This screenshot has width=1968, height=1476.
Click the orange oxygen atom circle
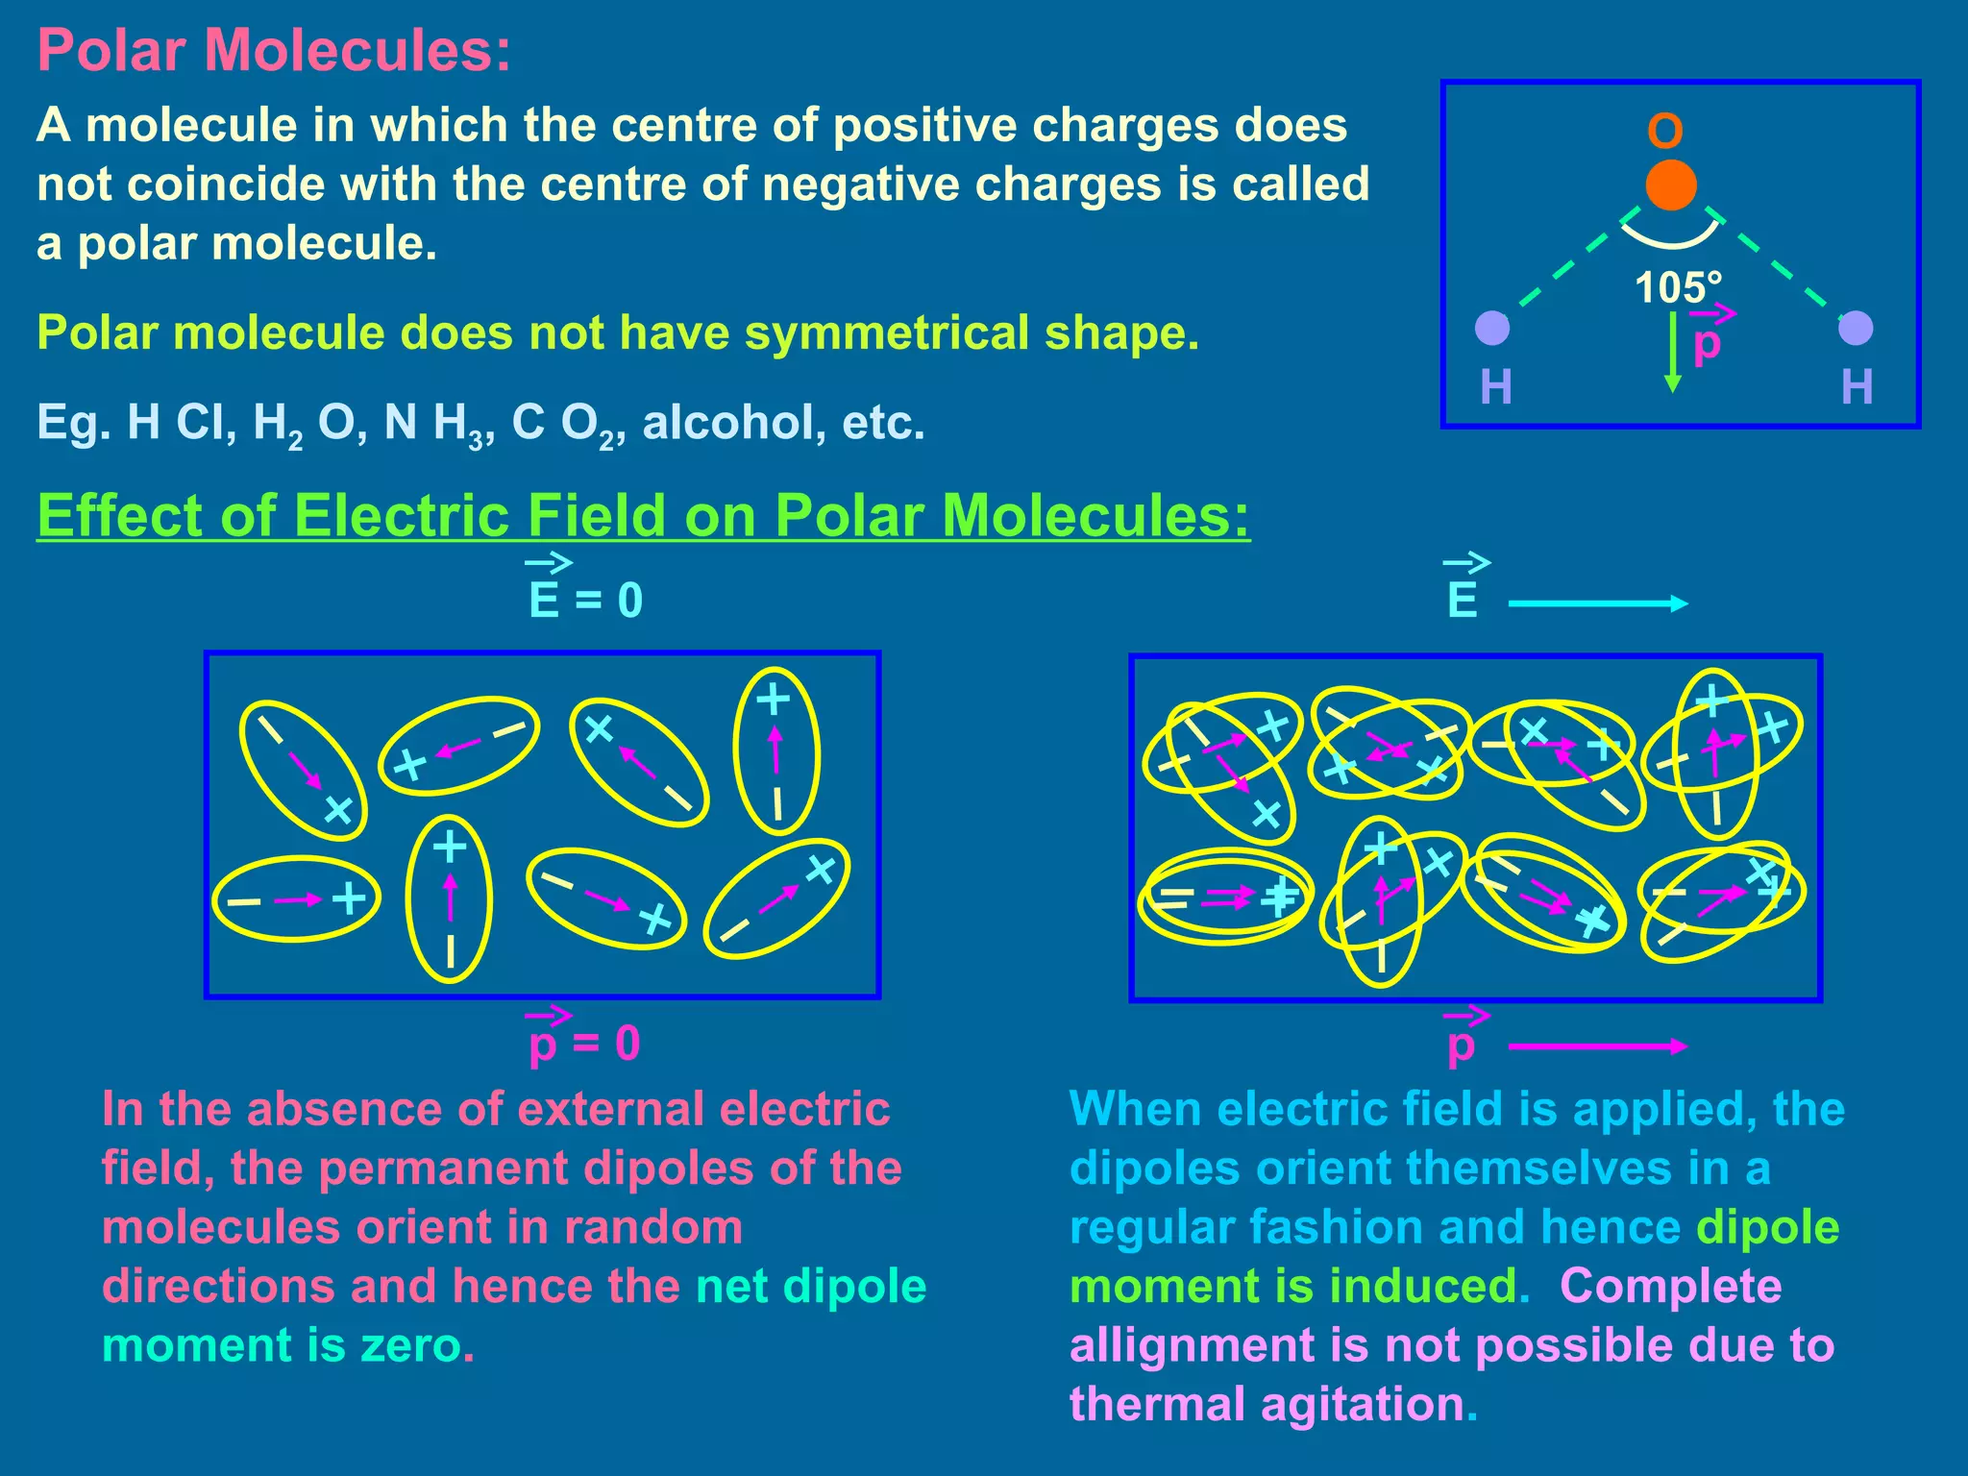1670,185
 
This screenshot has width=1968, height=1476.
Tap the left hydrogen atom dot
1492,328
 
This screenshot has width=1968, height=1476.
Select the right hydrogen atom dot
1855,328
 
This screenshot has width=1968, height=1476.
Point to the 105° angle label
1678,287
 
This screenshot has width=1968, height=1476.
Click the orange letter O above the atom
1665,131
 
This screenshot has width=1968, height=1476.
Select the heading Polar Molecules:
274,50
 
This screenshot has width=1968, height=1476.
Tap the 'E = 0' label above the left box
585,599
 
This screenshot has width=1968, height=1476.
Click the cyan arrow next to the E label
1597,603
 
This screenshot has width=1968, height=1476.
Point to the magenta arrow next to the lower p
1597,1046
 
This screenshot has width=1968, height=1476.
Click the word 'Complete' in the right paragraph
1670,1286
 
